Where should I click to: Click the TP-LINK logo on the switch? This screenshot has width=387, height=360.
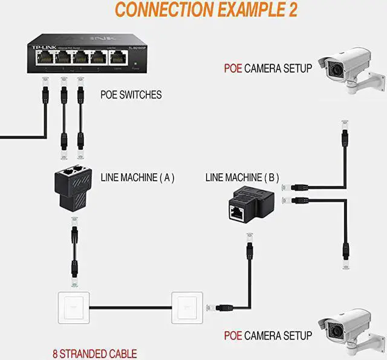[x=41, y=46]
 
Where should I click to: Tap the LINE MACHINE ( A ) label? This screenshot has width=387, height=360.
[x=138, y=178]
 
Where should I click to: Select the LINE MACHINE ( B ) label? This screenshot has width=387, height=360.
[x=242, y=178]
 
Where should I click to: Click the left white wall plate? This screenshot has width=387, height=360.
[x=72, y=308]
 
